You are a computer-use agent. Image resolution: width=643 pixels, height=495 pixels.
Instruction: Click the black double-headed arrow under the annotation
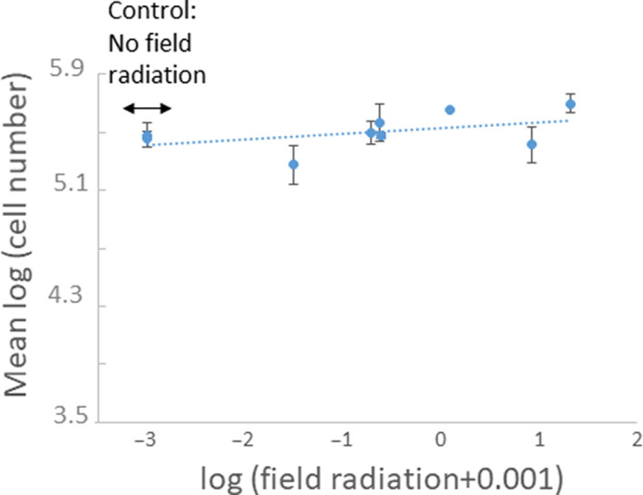147,109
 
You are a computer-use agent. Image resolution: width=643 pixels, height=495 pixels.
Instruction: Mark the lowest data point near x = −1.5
293,164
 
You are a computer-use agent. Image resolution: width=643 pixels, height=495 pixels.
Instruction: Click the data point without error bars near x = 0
450,110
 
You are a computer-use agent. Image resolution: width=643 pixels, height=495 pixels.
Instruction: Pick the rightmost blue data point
570,104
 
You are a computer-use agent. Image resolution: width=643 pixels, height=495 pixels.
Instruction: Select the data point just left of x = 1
532,144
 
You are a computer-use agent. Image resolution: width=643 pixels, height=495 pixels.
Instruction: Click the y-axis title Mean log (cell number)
24,245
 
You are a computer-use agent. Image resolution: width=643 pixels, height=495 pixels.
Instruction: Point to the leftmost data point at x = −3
147,137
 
